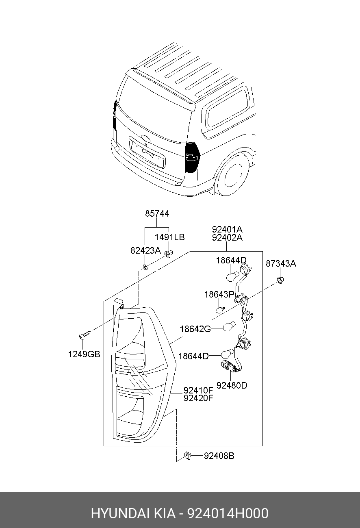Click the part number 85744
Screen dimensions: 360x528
(157, 213)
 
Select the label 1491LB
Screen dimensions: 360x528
(169, 237)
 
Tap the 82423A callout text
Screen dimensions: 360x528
(145, 250)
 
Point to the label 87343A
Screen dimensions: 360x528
(281, 263)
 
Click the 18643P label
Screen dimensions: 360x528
(219, 294)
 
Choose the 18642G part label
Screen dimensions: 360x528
(195, 329)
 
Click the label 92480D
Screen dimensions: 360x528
(232, 385)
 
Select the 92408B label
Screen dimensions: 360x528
(219, 456)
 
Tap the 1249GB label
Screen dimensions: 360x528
(84, 354)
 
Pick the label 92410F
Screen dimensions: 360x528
(198, 390)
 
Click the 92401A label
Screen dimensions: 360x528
(227, 229)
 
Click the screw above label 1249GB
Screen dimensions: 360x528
(84, 335)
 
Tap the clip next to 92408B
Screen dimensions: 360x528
(188, 456)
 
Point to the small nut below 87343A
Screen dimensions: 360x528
(280, 280)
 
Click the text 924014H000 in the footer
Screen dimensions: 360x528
(228, 513)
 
